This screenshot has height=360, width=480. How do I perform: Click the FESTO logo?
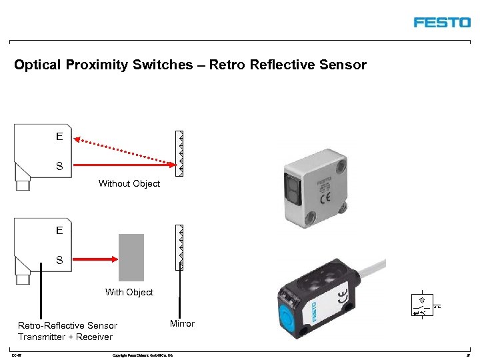tap(442, 23)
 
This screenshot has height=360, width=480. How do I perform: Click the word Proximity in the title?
tap(102, 65)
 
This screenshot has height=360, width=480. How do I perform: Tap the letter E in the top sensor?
tap(59, 137)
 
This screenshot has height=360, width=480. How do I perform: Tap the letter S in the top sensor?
tap(59, 166)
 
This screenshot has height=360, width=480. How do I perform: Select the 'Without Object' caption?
tap(129, 183)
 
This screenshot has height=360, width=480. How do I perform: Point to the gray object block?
tap(131, 257)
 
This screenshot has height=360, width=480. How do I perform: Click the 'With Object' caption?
tap(129, 292)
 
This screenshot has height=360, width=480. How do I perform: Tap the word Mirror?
tap(182, 324)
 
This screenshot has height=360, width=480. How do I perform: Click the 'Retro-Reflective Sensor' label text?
tap(67, 325)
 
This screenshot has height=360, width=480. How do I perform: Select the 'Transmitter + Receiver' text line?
tap(65, 337)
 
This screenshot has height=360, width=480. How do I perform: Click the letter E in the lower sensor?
tap(59, 231)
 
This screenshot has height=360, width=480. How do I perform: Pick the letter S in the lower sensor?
tap(59, 260)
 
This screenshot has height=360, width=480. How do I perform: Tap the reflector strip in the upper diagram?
tap(179, 153)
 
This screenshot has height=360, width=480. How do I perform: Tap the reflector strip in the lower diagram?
tap(179, 247)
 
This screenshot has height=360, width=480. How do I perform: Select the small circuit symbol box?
tap(423, 304)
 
